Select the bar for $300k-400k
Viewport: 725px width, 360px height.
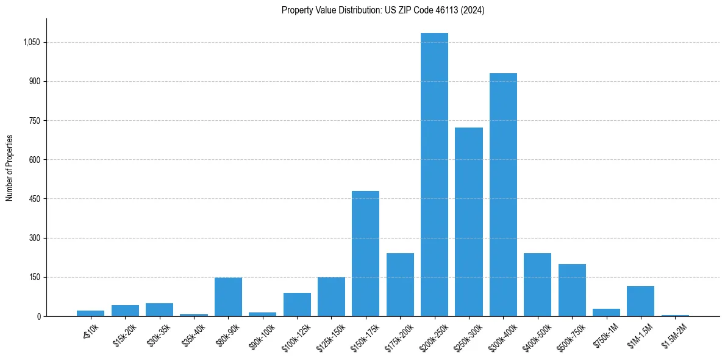click(503, 195)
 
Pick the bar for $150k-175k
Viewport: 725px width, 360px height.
click(365, 253)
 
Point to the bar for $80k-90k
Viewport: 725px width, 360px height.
click(228, 297)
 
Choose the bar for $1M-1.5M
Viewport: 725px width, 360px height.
click(640, 301)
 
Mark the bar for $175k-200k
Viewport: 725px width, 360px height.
click(400, 284)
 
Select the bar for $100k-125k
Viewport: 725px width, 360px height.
click(297, 304)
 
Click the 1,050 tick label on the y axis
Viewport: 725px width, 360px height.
click(31, 42)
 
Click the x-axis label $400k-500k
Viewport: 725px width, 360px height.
click(537, 334)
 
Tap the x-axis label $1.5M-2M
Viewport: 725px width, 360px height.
click(674, 334)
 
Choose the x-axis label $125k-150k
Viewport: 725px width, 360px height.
click(330, 335)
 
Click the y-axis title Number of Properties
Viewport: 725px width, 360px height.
click(9, 168)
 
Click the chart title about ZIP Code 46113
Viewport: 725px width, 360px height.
click(383, 10)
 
